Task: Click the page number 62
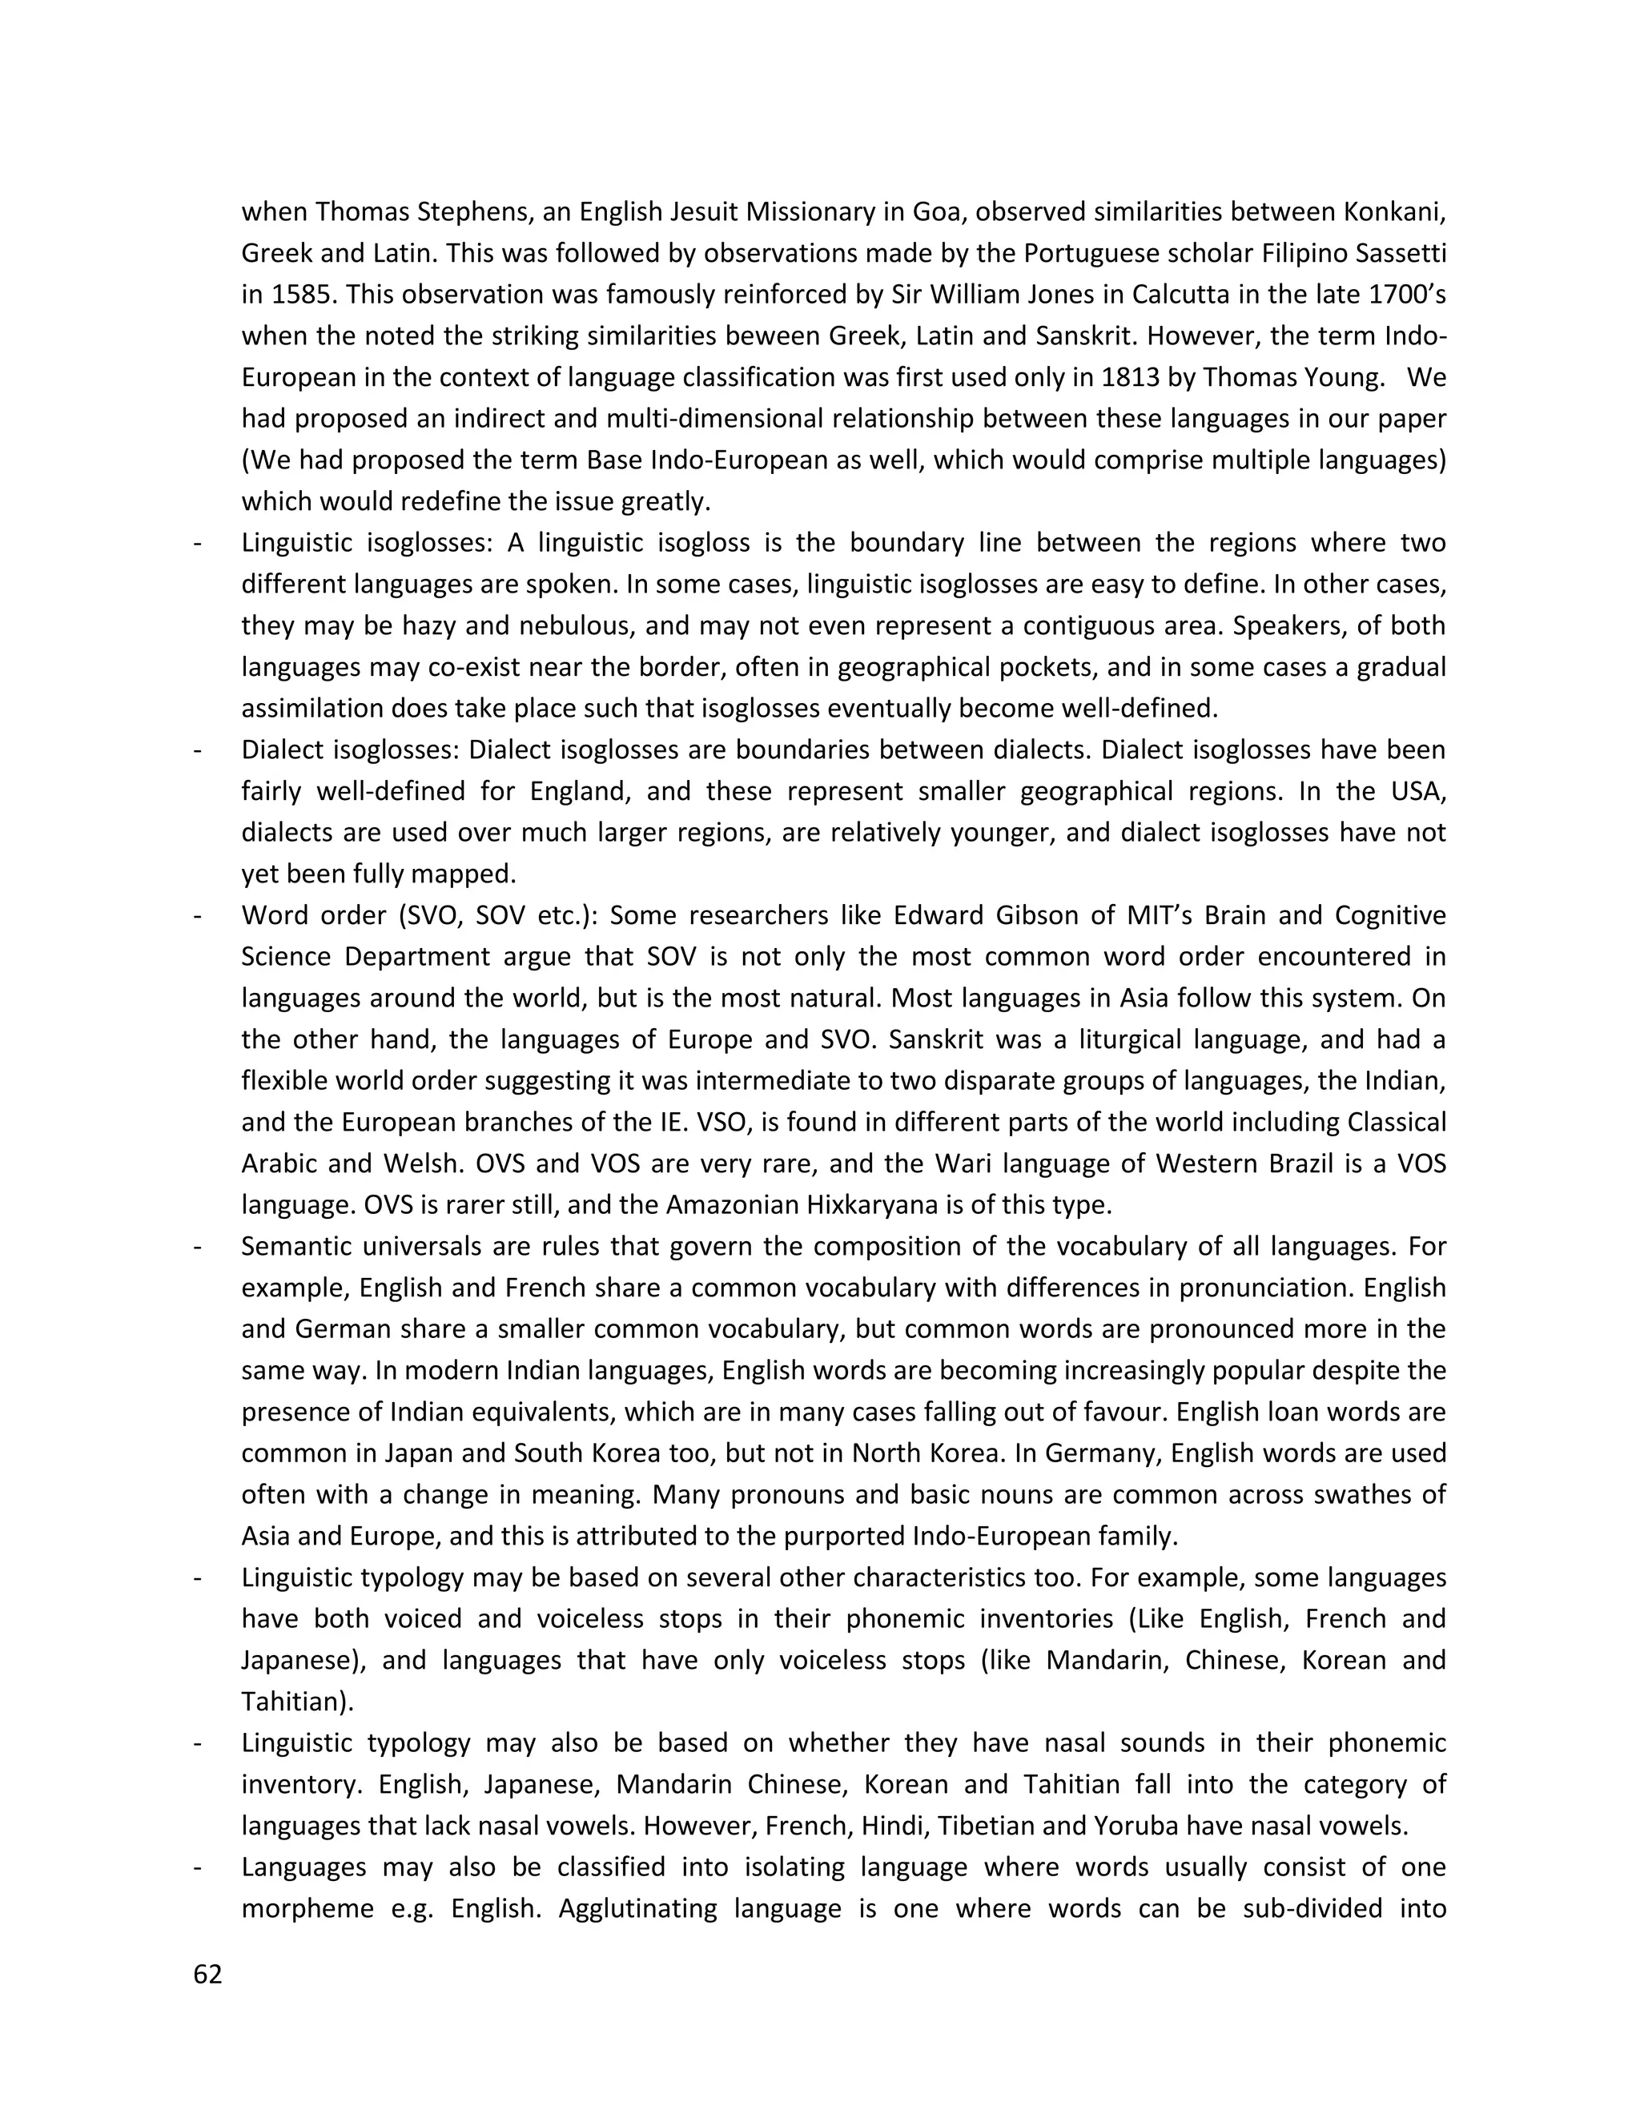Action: pos(208,1975)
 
